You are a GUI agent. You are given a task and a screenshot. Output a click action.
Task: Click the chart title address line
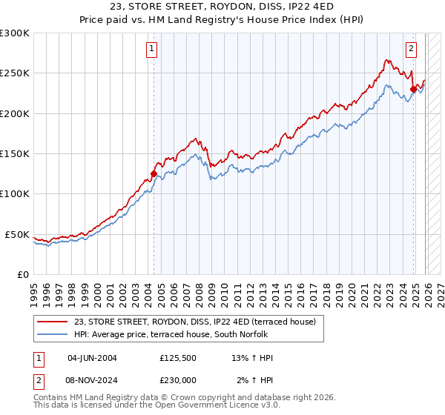coord(222,7)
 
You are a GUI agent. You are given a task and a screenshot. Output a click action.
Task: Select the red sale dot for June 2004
coord(154,174)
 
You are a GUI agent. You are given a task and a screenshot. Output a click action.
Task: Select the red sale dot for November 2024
coord(413,90)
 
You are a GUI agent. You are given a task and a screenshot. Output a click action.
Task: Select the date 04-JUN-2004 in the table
coord(92,358)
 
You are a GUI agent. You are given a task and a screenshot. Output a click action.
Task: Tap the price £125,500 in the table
coord(177,358)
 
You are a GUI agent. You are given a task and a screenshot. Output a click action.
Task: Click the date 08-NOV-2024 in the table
coord(92,380)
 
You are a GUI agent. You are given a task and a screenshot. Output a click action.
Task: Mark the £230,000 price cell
coord(177,380)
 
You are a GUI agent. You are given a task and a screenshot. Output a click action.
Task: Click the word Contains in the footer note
coord(52,399)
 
